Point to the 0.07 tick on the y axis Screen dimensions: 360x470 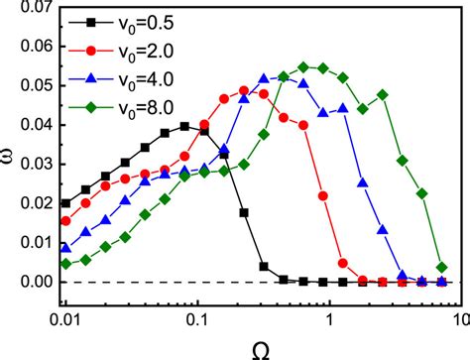(33, 9)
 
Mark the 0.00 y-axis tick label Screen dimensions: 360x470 (33, 283)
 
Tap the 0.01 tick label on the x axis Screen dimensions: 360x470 (64, 320)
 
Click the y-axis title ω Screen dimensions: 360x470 (9, 154)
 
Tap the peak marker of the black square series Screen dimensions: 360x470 (184, 126)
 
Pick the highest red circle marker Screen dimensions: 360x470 (245, 91)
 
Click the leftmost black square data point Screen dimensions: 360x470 (65, 203)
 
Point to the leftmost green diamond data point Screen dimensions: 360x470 (65, 264)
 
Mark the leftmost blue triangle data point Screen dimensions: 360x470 (65, 248)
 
